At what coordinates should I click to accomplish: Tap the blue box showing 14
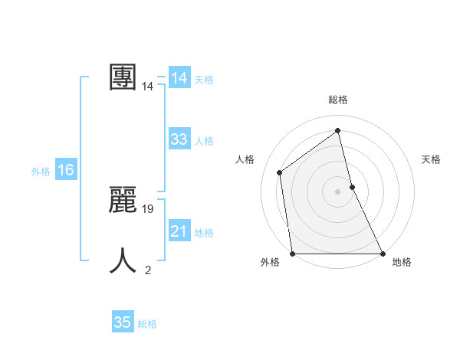(179, 78)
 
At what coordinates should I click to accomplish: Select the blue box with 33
(179, 139)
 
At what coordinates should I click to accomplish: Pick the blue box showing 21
(179, 231)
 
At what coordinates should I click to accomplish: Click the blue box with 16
(66, 170)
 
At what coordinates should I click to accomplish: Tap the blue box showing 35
(123, 322)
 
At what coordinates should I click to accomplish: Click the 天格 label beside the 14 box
(204, 80)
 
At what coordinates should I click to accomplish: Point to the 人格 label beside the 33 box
(204, 141)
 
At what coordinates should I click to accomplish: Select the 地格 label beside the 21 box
(204, 233)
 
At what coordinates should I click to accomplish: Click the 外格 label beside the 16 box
(41, 172)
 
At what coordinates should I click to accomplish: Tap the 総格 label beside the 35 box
(147, 324)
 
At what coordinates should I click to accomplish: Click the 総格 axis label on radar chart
(338, 100)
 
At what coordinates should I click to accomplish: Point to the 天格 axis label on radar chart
(431, 159)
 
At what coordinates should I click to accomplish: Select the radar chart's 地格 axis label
(402, 263)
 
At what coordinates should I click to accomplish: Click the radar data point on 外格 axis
(292, 254)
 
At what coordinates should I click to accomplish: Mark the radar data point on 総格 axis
(338, 129)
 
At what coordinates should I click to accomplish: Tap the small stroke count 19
(149, 208)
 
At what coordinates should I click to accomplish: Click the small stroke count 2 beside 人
(148, 270)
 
